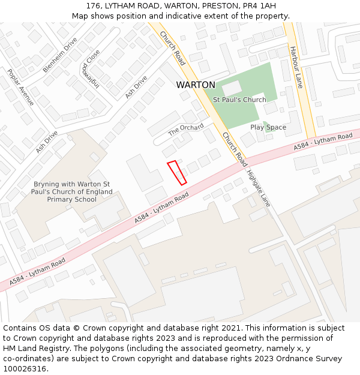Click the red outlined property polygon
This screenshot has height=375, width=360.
point(176,172)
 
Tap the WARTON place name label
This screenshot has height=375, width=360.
point(196,85)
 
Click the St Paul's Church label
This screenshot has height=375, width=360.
point(239,100)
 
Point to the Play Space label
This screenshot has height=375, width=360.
point(268,127)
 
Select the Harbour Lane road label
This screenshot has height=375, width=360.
point(296,67)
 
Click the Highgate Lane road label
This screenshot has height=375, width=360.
point(259,188)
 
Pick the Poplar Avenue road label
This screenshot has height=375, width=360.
point(20,87)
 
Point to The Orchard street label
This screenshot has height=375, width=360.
point(185,130)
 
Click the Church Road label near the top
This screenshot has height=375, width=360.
point(173,49)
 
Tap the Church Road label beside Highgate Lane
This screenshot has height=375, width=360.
point(234,149)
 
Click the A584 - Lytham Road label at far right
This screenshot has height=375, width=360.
point(323,142)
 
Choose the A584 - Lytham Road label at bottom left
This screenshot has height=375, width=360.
point(37,271)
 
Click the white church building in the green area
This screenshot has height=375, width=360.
point(232,88)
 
